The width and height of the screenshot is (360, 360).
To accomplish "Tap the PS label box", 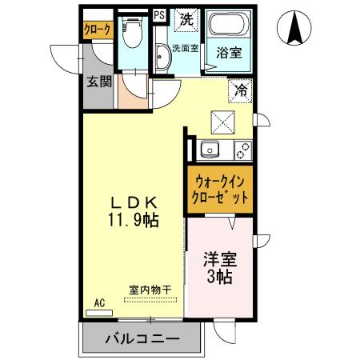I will [x=158, y=14].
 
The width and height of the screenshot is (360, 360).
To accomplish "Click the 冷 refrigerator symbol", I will [x=239, y=90].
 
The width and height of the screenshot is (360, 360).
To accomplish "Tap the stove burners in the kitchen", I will [x=241, y=149].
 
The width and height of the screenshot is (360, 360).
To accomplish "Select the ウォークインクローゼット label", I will [x=220, y=190].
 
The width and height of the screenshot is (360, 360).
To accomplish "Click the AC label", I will [x=100, y=302].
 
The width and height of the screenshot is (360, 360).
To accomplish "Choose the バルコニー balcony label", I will [x=142, y=340].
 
